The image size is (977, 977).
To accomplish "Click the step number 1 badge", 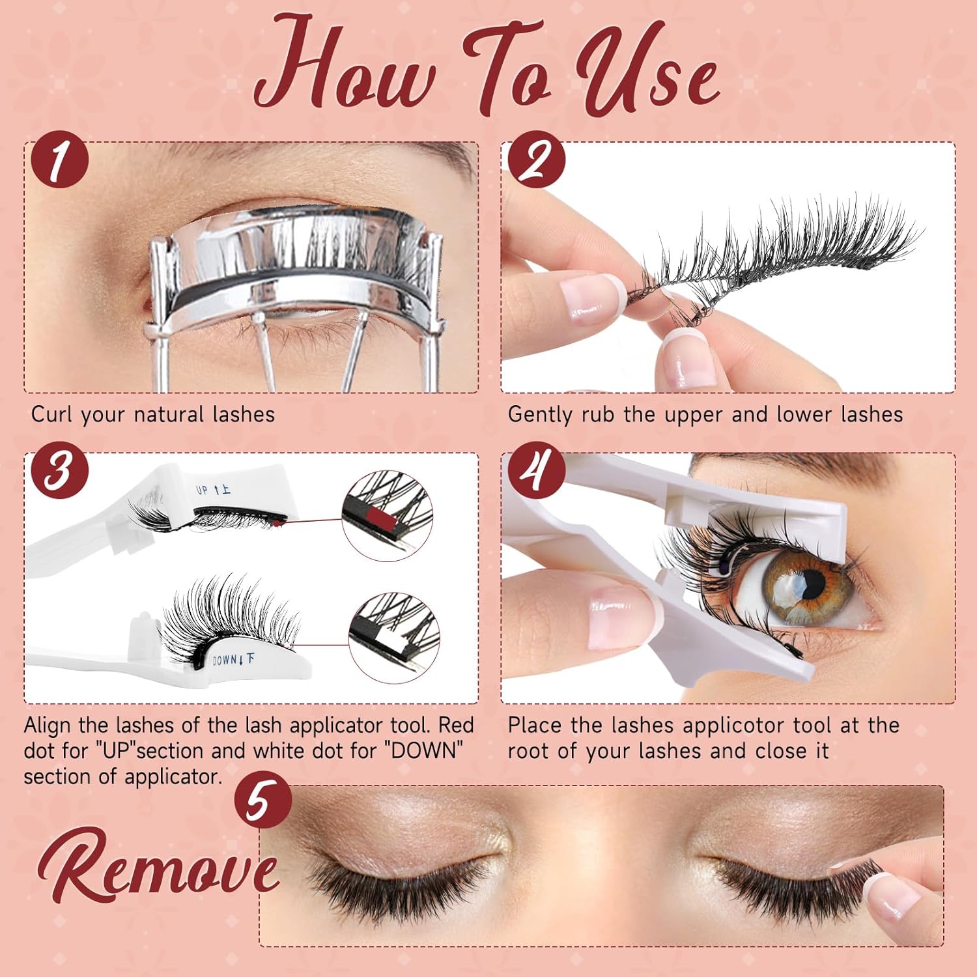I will pyautogui.click(x=59, y=160).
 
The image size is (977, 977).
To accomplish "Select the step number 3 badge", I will pyautogui.click(x=59, y=470).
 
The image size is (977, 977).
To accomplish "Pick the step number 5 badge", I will pyautogui.click(x=262, y=800).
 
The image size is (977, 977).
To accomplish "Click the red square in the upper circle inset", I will pyautogui.click(x=380, y=519).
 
